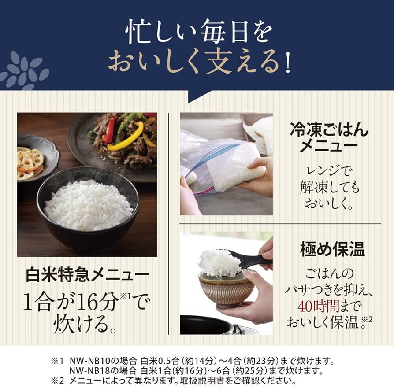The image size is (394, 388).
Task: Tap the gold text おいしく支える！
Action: pyautogui.click(x=199, y=63)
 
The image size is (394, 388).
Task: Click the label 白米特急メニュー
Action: pyautogui.click(x=86, y=277)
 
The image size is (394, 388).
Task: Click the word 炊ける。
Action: pyautogui.click(x=87, y=325)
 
